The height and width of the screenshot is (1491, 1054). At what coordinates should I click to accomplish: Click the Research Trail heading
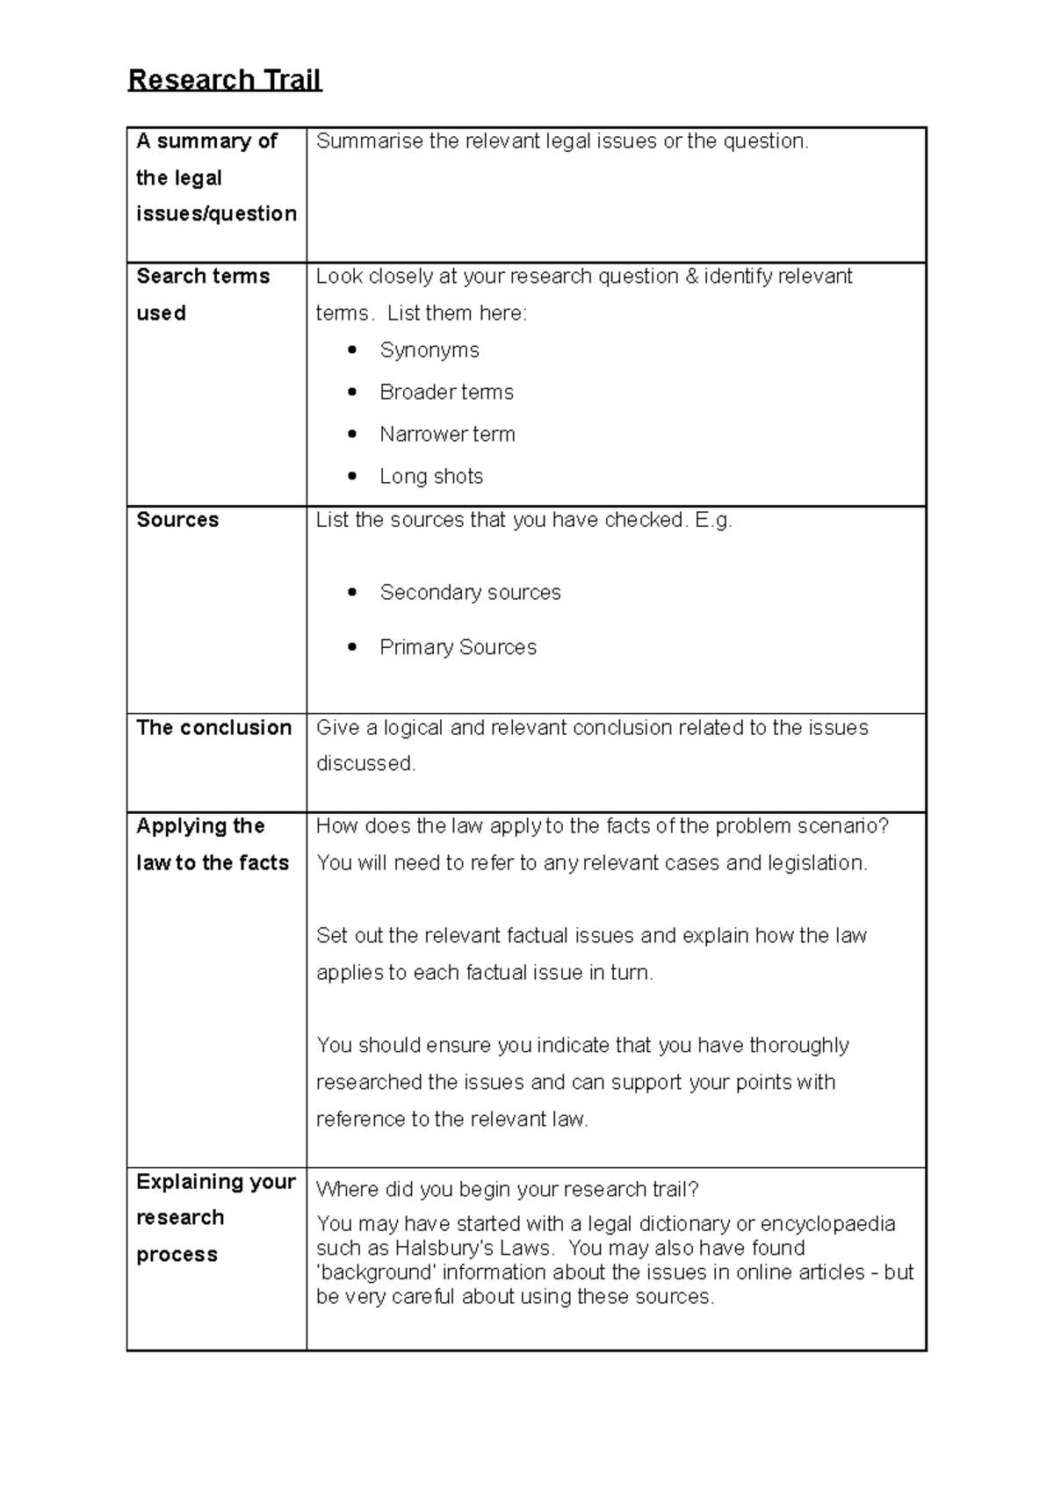click(225, 80)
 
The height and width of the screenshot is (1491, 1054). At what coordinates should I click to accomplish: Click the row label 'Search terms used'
click(203, 294)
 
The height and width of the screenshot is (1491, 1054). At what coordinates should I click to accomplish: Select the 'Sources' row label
click(177, 520)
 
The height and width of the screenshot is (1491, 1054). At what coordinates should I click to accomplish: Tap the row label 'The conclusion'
click(214, 728)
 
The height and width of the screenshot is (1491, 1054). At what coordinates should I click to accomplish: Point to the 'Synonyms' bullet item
click(430, 350)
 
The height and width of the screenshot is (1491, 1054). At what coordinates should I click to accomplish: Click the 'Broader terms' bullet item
click(446, 393)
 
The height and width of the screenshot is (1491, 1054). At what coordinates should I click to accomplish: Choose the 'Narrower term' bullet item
click(447, 435)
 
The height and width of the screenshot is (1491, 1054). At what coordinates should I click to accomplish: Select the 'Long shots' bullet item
click(431, 477)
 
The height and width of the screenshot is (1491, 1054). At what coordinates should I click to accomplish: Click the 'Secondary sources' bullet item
click(470, 593)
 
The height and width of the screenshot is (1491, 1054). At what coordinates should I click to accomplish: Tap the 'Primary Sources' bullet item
click(458, 647)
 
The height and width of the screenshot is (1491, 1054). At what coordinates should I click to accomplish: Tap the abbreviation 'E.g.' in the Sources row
click(713, 520)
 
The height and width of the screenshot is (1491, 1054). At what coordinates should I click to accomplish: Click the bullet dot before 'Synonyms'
click(352, 350)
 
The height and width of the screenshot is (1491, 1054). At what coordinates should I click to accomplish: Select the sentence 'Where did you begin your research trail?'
click(507, 1190)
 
